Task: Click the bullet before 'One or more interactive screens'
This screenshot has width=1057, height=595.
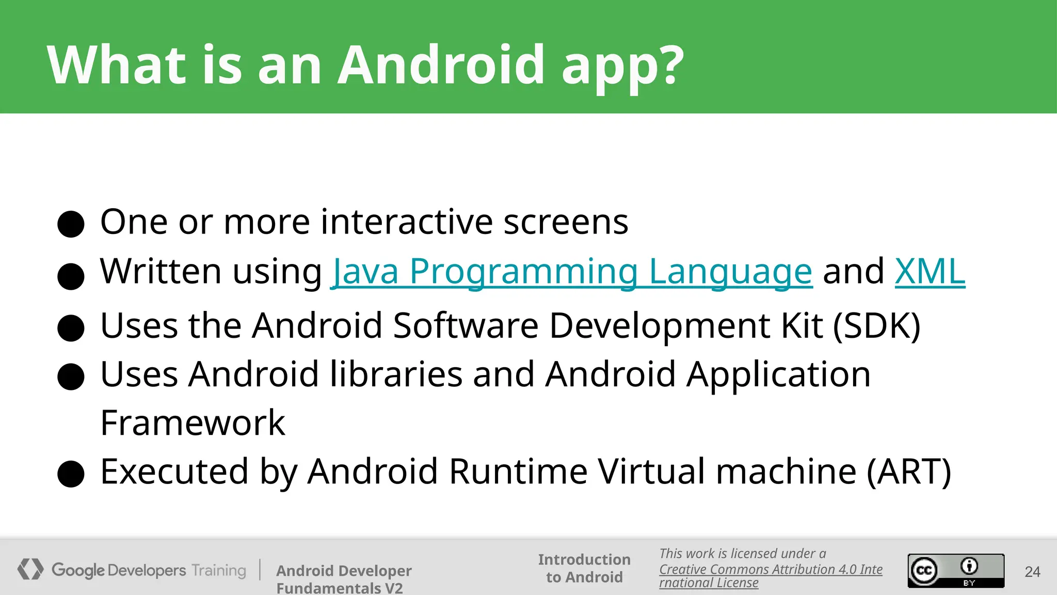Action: (71, 224)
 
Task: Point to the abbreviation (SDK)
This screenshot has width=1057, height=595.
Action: (877, 326)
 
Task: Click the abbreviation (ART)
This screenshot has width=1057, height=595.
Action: (908, 472)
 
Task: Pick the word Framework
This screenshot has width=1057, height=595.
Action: (193, 423)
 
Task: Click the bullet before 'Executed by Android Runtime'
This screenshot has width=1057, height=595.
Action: (71, 474)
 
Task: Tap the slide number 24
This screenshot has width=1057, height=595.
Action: (1032, 572)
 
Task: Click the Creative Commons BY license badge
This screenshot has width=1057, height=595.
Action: (956, 571)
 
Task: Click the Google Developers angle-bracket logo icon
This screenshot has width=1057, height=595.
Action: (30, 569)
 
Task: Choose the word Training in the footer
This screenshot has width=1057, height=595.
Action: (219, 570)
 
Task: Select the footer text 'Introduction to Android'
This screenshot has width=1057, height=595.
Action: (584, 568)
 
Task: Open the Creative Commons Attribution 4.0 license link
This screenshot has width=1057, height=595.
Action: (771, 570)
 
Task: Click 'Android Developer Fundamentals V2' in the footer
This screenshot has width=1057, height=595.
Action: (344, 579)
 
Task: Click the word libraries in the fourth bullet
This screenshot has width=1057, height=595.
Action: (396, 374)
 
